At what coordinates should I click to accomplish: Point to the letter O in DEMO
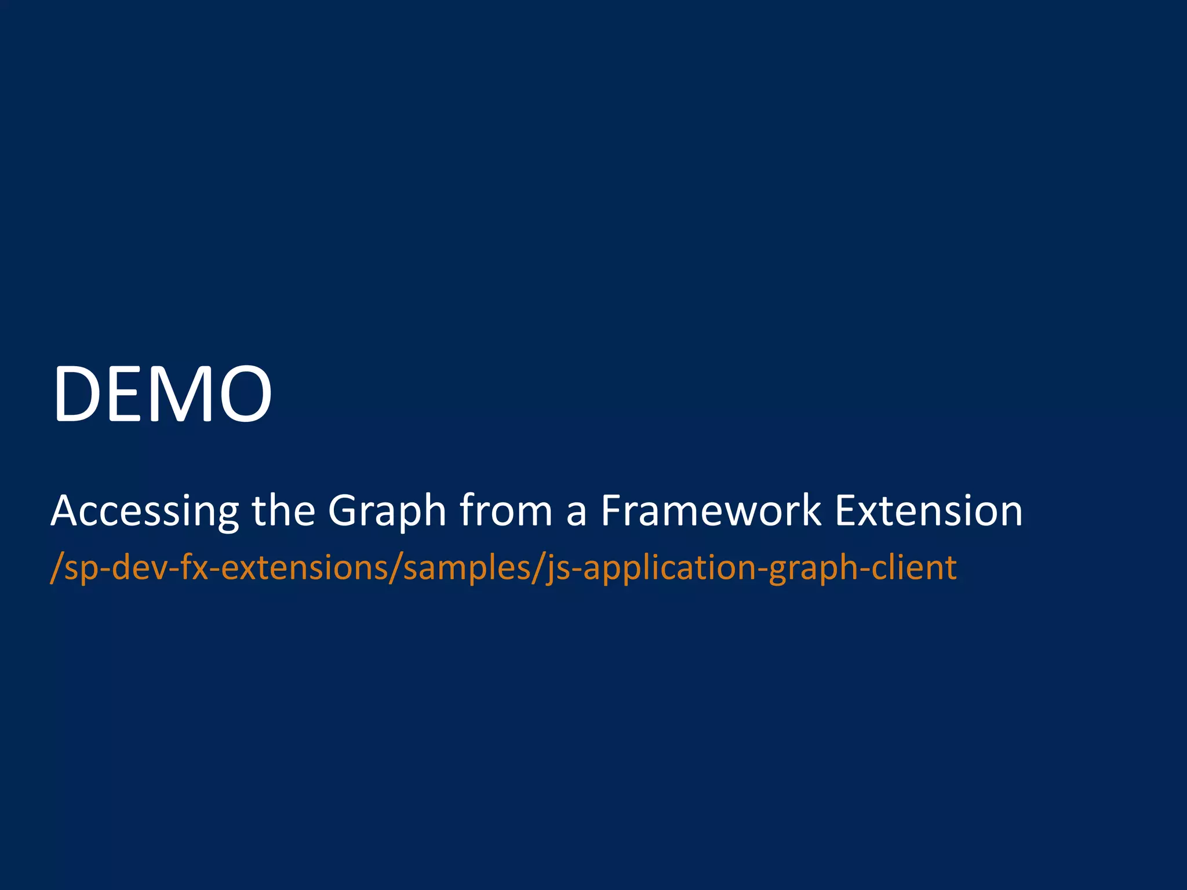tap(243, 394)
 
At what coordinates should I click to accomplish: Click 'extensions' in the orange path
tap(304, 568)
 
